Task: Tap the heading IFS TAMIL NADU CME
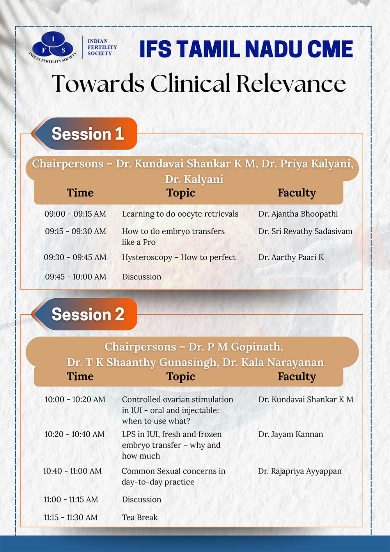pos(246,49)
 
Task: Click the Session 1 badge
pos(84,134)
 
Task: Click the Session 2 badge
pos(84,314)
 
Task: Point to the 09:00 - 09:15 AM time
pos(75,214)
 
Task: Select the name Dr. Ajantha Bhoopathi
pos(298,214)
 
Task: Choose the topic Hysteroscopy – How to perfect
pos(179,258)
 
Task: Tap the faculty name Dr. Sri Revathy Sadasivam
pos(305,231)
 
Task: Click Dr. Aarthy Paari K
pos(291,258)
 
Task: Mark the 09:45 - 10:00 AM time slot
pos(76,277)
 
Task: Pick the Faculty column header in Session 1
pos(297,193)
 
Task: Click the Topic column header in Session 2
pos(181,377)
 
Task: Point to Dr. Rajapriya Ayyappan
pos(300,471)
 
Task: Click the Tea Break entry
pos(140,517)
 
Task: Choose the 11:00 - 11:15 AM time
pos(71,500)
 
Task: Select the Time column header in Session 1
pos(80,193)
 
